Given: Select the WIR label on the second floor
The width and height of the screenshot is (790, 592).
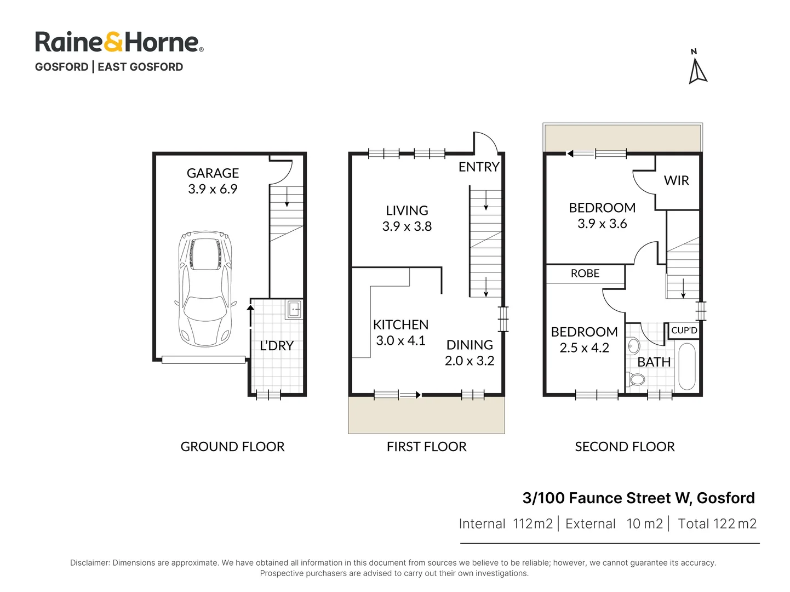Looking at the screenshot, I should coord(676,181).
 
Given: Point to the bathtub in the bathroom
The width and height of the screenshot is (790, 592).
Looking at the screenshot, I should coord(686,366).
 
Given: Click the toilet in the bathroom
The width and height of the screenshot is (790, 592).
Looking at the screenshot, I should coord(636,379).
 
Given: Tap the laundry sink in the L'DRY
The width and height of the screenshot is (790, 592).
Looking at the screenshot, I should coord(294,310).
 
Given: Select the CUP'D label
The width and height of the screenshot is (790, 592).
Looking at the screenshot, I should coord(684,331).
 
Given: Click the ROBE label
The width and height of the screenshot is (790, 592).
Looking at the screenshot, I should coord(585,274).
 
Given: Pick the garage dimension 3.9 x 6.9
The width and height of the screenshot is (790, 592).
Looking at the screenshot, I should coord(213,189).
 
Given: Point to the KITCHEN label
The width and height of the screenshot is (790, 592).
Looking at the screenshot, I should coord(400,325).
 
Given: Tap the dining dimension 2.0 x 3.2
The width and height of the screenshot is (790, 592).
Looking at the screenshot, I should coord(470,361).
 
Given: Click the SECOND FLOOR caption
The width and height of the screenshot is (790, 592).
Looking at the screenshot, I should coord(625,447).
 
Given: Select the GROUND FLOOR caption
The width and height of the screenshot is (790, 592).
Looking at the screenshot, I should coord(232,447).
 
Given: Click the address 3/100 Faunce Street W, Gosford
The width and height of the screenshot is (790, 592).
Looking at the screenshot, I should coord(638,498).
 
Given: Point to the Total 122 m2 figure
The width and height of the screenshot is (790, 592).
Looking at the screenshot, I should coord(717,524).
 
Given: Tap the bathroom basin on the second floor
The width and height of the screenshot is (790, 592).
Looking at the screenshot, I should coord(633,346).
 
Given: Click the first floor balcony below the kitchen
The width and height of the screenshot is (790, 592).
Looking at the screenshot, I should coord(426,415).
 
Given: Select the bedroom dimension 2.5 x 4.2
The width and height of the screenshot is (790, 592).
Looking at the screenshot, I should coord(584,348).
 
